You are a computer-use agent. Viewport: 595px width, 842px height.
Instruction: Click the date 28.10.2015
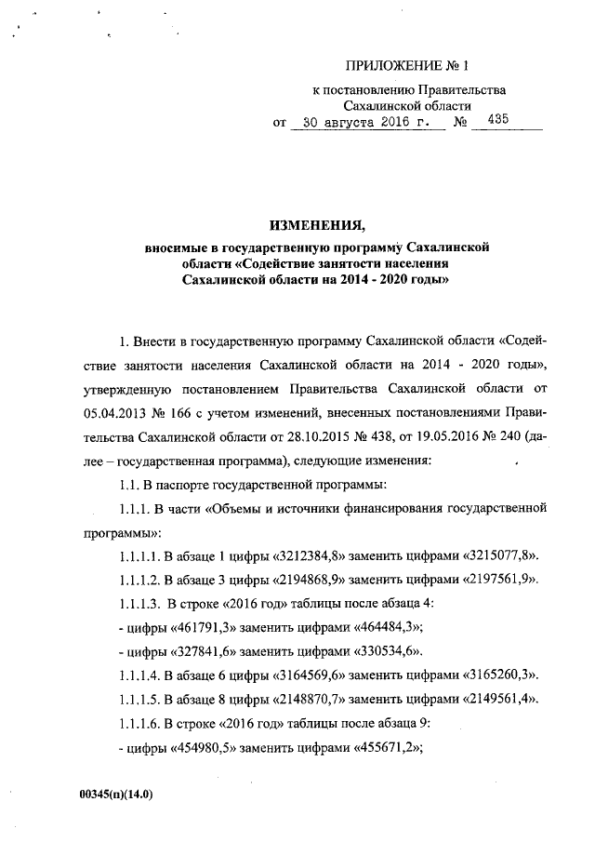coord(314,434)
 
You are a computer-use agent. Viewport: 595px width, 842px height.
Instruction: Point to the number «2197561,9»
coord(496,579)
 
